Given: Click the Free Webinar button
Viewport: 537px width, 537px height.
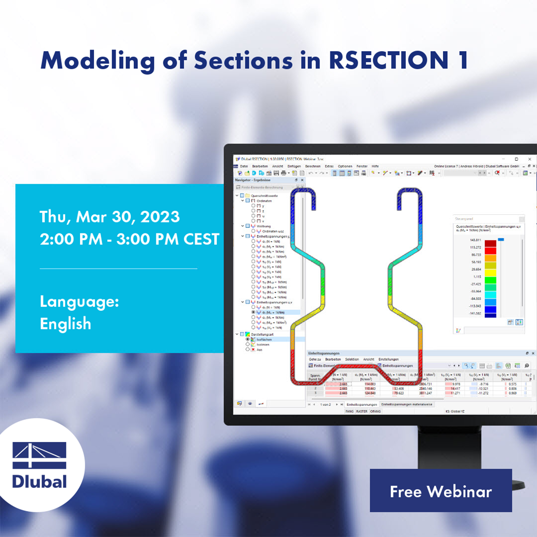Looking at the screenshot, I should click(x=440, y=491).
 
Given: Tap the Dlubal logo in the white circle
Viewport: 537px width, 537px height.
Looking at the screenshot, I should click(x=40, y=465).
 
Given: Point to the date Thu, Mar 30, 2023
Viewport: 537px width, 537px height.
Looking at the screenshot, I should click(x=109, y=216).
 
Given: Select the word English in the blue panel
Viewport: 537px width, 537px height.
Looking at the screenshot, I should click(x=66, y=324).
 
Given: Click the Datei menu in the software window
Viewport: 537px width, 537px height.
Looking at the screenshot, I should click(x=244, y=166).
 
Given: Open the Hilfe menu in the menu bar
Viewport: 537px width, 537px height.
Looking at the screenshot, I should click(x=375, y=166).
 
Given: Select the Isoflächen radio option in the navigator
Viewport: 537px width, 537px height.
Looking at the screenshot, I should click(x=264, y=339).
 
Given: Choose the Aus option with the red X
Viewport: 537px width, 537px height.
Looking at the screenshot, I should click(x=259, y=350).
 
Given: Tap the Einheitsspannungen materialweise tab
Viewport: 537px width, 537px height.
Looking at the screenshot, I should click(x=406, y=404).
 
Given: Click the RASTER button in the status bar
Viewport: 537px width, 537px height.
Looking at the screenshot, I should click(x=361, y=412).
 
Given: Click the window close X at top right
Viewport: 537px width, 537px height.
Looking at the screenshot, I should click(x=530, y=159).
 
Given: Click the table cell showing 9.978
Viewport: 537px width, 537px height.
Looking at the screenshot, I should click(x=455, y=384).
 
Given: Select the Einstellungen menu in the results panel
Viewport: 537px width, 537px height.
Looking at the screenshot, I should click(x=388, y=359).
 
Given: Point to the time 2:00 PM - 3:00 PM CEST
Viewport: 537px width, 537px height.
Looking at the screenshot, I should click(x=129, y=239).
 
